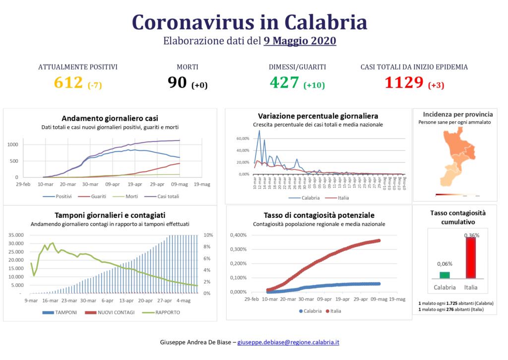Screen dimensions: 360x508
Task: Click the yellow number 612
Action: (x=68, y=82)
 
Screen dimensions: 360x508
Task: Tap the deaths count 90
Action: (x=177, y=83)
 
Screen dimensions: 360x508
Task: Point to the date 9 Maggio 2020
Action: (x=300, y=41)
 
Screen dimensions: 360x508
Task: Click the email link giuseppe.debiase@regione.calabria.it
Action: (x=289, y=343)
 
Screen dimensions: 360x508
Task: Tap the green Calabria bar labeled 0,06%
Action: (x=444, y=275)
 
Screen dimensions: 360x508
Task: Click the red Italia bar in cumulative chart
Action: (x=471, y=258)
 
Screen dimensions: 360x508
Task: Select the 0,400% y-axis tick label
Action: (x=238, y=235)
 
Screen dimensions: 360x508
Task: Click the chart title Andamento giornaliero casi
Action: (x=110, y=118)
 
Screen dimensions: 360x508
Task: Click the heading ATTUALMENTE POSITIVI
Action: (x=78, y=67)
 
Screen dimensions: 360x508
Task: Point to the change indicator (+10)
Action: (x=314, y=85)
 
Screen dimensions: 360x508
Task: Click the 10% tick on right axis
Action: (x=209, y=235)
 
